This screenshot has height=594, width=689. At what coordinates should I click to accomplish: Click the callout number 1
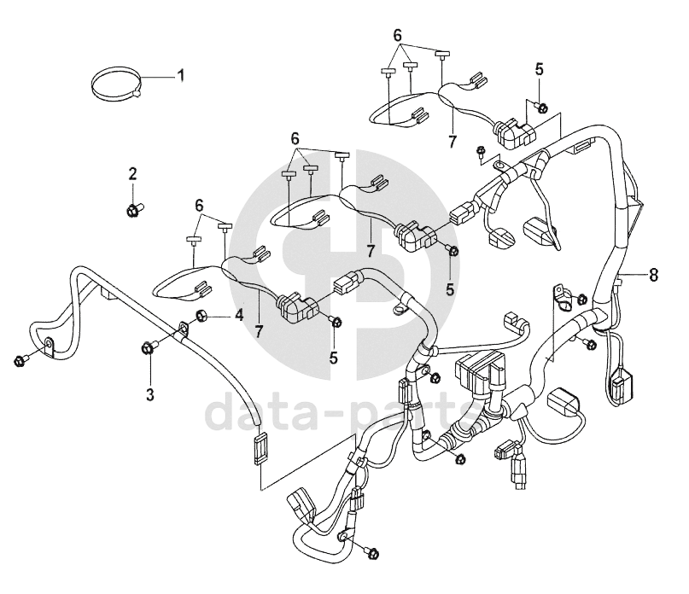(180, 75)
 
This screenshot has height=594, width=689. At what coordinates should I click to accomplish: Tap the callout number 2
(132, 174)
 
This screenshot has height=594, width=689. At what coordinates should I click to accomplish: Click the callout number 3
(151, 393)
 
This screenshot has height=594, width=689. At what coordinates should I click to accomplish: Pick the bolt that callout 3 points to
(149, 346)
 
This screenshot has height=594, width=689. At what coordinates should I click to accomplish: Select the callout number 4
(239, 315)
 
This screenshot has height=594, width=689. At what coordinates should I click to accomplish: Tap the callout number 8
(653, 275)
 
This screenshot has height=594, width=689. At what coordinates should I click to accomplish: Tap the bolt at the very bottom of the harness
(373, 554)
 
